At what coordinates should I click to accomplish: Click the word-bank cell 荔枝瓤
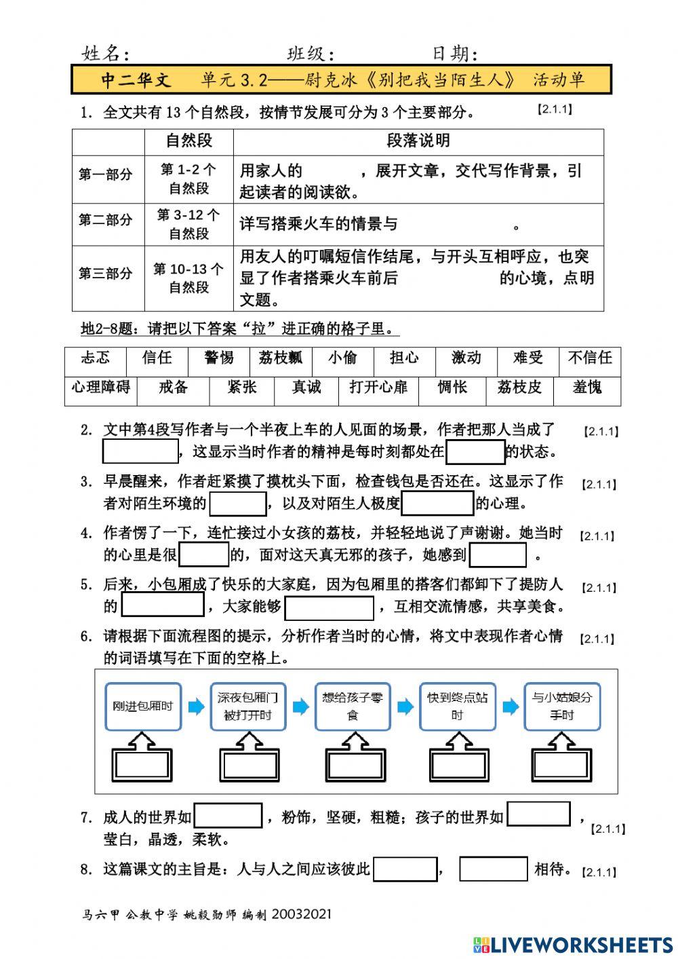281,358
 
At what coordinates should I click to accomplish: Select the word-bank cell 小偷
342,358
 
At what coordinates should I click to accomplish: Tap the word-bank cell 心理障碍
100,388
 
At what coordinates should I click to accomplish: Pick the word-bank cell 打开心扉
378,388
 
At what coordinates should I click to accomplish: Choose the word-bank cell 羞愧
586,388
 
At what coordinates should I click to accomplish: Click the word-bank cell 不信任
590,358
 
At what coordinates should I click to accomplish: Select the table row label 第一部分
106,175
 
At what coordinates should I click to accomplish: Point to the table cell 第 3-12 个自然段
188,225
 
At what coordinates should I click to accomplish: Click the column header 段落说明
418,140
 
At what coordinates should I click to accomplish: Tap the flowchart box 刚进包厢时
143,707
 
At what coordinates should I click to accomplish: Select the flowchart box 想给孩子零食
353,707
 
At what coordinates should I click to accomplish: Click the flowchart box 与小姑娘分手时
562,707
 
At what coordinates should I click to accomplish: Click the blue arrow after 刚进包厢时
196,707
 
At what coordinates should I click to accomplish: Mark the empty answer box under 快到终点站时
457,766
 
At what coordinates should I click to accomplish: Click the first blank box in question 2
140,451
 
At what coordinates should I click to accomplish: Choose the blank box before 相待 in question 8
493,869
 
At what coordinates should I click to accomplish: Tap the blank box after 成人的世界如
228,816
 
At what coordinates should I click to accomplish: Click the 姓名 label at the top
105,54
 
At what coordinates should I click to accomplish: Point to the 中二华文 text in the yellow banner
136,80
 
